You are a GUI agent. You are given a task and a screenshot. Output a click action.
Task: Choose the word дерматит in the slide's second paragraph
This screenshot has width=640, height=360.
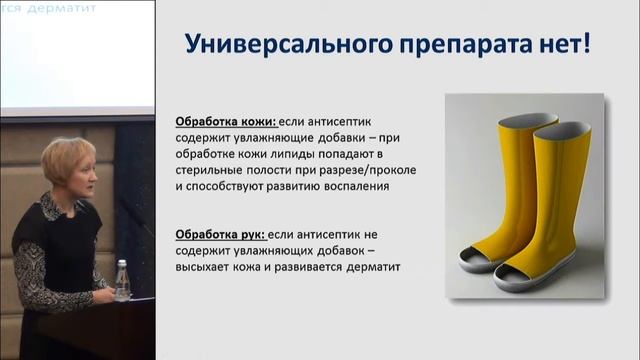(371, 267)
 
